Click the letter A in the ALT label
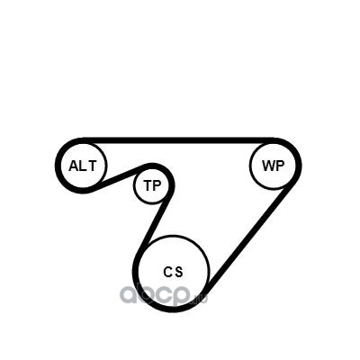pos(74,166)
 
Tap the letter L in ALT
pos(82,166)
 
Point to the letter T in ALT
pos(92,166)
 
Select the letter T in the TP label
pos(148,185)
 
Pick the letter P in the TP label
pos(157,185)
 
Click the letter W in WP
pos(268,166)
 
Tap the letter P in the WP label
pos(280,166)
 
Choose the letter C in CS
pos(167,272)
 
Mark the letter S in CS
pos(178,272)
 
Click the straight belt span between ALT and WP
pos(178,140)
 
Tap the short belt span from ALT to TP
pos(118,177)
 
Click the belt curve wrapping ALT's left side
pos(58,166)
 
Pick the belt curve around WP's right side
pos(299,166)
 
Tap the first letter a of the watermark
pos(129,294)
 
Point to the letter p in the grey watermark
pos(181,296)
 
